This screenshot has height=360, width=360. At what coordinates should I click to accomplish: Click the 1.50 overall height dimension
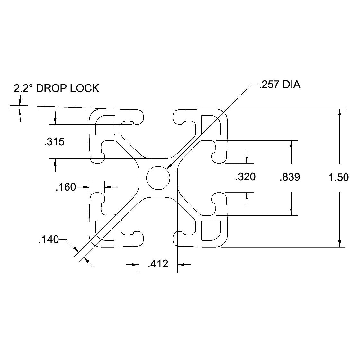[339, 177]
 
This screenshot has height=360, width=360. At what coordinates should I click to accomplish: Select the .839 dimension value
[290, 177]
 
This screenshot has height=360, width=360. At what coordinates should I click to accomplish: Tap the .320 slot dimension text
[246, 177]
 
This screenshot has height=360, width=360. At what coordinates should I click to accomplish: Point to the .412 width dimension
[158, 264]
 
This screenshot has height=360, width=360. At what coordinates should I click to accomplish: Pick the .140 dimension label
[49, 240]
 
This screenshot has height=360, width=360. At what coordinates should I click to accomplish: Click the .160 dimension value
[66, 187]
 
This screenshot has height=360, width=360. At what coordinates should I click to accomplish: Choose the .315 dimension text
[54, 142]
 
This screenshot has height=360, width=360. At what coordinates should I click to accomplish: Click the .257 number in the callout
[269, 85]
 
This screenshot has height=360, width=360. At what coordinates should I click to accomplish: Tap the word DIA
[291, 85]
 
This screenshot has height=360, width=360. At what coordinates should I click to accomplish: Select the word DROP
[51, 88]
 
